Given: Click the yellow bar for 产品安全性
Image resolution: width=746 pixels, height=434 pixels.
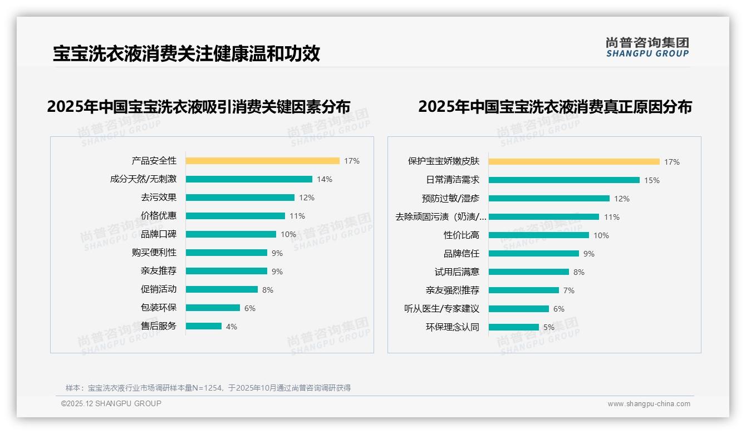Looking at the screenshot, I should tap(262, 161).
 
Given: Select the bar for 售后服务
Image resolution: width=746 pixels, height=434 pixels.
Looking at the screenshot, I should tap(204, 326).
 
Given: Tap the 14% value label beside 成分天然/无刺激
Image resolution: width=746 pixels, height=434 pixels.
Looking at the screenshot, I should tap(325, 179).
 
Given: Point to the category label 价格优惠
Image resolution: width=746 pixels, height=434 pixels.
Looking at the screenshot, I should tap(158, 216).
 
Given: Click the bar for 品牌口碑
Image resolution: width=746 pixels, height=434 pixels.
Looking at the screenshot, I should tap(231, 234).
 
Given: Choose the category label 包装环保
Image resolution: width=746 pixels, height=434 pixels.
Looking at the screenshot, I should tap(158, 308).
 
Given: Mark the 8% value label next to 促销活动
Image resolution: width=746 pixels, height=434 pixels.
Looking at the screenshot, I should tap(268, 290).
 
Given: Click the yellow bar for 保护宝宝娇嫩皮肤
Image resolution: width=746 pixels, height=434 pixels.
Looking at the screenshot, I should tap(574, 162).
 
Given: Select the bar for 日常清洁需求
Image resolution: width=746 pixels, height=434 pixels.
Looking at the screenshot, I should tap(564, 180).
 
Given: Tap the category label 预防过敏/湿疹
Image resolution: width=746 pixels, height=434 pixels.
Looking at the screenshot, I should tap(450, 199).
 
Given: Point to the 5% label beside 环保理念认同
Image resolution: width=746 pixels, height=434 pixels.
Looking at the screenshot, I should tap(549, 327).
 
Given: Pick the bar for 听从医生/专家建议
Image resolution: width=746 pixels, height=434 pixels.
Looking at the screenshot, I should tap(519, 309).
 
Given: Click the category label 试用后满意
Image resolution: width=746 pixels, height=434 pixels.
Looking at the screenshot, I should tap(457, 272).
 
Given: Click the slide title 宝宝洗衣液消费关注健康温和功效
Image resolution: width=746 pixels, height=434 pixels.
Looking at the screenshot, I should tap(186, 53).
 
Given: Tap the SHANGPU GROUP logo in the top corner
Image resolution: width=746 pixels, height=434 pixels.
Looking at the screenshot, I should tap(647, 47).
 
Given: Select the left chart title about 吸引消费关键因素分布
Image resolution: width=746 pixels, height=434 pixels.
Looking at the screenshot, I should tap(199, 106).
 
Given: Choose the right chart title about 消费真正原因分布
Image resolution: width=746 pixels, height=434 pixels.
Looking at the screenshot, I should tap(554, 106).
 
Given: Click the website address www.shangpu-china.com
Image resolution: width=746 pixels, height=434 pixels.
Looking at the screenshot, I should tap(649, 404).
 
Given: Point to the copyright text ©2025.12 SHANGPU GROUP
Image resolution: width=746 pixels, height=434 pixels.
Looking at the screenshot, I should tap(111, 403).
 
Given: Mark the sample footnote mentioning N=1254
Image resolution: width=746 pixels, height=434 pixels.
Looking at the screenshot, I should tap(208, 388).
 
